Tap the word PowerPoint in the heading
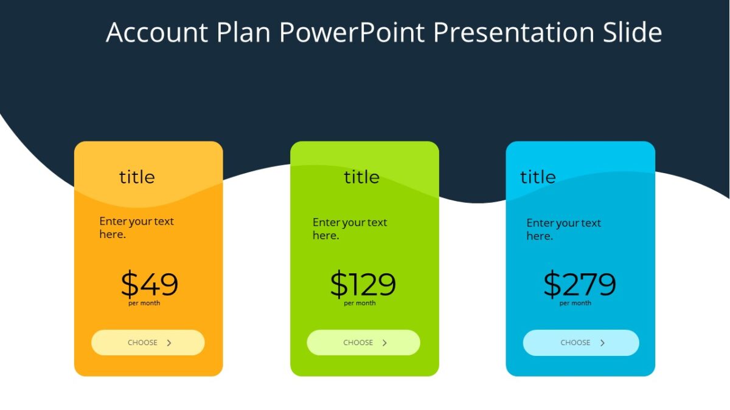(x=352, y=32)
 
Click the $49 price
(x=149, y=284)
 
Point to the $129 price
(x=363, y=284)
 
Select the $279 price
(x=579, y=284)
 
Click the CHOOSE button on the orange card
(x=148, y=343)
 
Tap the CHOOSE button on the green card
(x=363, y=343)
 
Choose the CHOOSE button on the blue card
(x=581, y=343)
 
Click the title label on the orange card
(x=137, y=177)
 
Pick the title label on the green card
(x=361, y=177)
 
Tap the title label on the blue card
(x=538, y=177)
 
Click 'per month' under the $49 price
(x=144, y=303)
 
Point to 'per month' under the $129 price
(x=360, y=303)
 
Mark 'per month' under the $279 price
(x=575, y=303)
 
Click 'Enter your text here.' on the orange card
(x=136, y=228)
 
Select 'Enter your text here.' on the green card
(x=350, y=228)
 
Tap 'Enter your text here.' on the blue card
(x=563, y=230)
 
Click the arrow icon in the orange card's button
(x=169, y=343)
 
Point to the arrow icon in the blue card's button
(x=602, y=343)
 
